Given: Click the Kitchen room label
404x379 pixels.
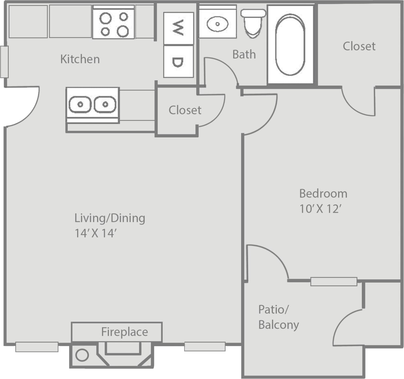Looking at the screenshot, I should [x=80, y=59].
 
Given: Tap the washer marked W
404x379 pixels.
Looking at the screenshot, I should [x=178, y=28].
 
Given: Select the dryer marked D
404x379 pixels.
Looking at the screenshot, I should [x=178, y=62].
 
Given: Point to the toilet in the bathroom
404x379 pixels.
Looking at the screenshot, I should [x=253, y=23].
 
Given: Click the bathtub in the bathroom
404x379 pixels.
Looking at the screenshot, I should [x=290, y=44].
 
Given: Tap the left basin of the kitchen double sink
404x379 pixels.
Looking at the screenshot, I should [x=80, y=105].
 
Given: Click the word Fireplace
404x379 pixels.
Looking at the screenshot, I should [x=124, y=332].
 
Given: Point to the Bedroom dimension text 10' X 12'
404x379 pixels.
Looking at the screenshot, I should [x=320, y=209].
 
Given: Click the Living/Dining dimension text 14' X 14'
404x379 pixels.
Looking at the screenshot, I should [x=96, y=233].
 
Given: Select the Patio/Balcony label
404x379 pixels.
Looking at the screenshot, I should [x=278, y=317].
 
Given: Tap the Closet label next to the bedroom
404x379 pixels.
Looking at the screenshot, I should [x=359, y=46].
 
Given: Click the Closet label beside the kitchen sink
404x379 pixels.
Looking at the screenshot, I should [x=185, y=110].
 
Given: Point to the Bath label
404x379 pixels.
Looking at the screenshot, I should [x=244, y=54].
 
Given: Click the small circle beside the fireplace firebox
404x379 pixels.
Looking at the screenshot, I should [x=82, y=355].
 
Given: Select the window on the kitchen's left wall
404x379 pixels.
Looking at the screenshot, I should [x=4, y=62].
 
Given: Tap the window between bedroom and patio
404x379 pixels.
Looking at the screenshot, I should [x=333, y=282].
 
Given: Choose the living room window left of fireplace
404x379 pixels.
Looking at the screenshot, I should [x=37, y=347].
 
